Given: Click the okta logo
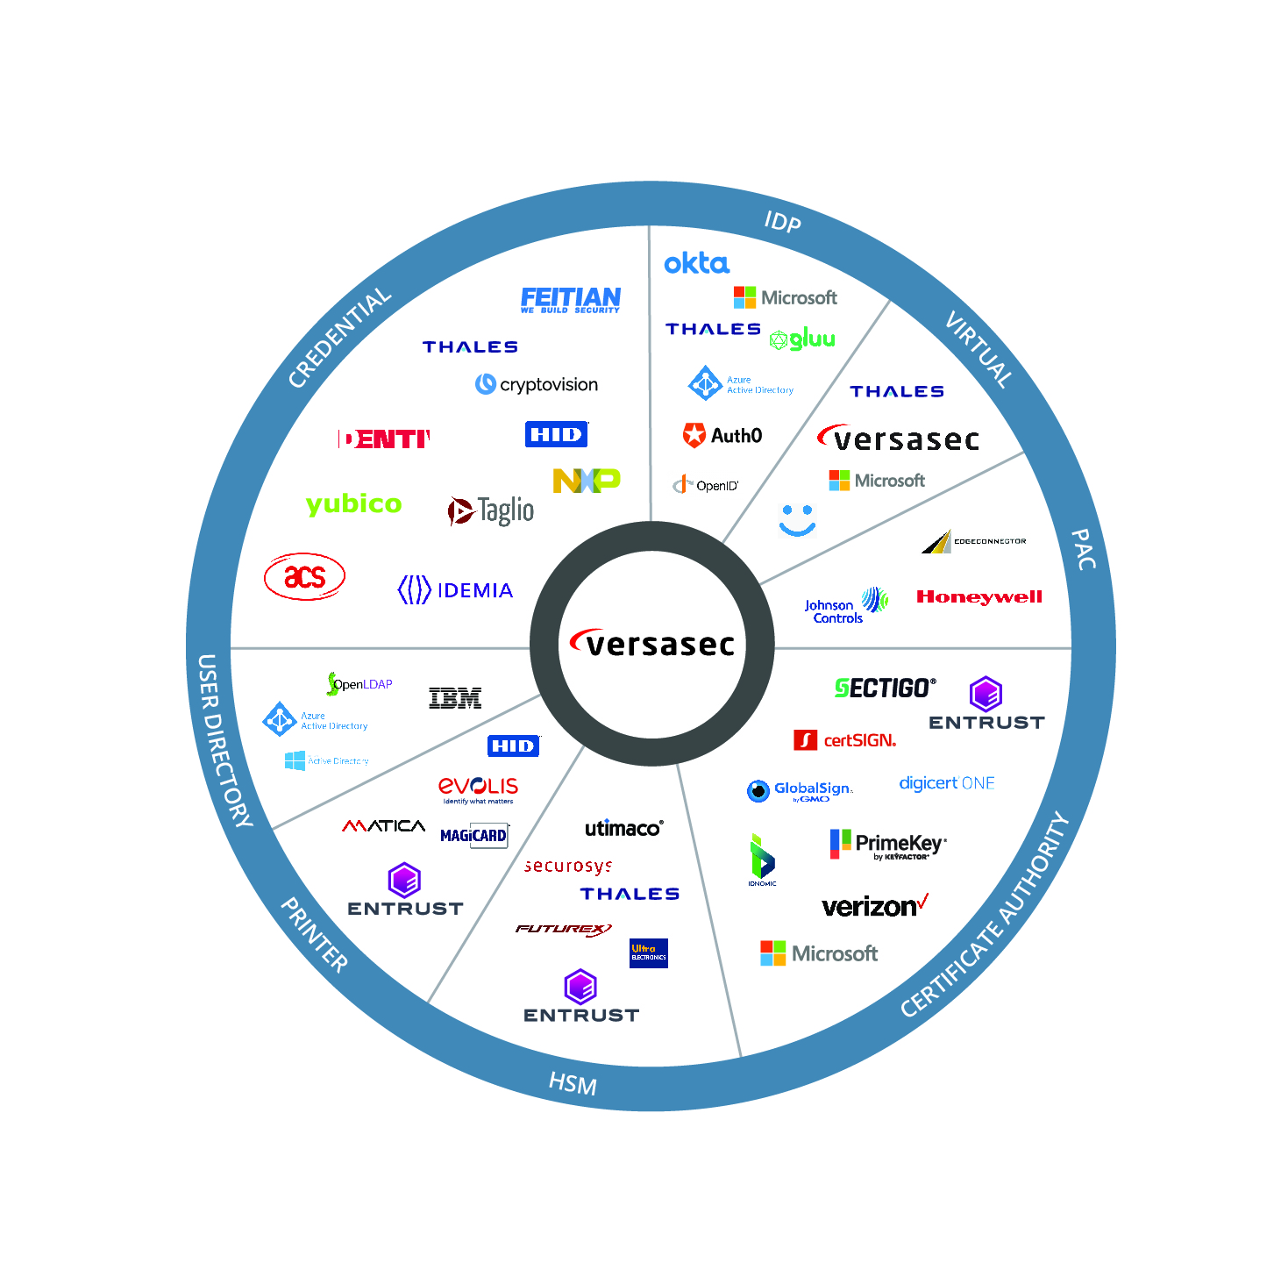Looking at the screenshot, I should [x=696, y=263].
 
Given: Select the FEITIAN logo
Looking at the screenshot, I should [x=570, y=300].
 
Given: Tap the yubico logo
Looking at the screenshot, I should [x=353, y=503].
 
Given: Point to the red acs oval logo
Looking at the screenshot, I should [x=304, y=576].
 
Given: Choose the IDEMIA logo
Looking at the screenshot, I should [x=455, y=590].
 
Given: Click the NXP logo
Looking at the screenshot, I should [x=586, y=481].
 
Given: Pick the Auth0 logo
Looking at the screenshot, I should [x=722, y=435].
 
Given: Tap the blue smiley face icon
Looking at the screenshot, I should [x=797, y=519].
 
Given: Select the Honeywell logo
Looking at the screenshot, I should [x=979, y=597].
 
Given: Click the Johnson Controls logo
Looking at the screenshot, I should [x=845, y=605].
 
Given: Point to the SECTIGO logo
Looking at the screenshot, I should [x=885, y=689].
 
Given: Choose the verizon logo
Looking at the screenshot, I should [x=874, y=906].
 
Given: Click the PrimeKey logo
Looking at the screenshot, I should [x=887, y=844].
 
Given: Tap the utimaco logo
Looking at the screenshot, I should [x=623, y=828].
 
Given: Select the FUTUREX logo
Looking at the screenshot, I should [x=563, y=929].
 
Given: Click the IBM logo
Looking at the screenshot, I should [x=455, y=698].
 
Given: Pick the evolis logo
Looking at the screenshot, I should [x=478, y=788].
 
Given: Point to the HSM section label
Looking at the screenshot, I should [x=573, y=1084].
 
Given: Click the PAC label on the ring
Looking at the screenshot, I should [x=1084, y=550].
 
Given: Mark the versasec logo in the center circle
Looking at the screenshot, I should [x=652, y=644].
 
